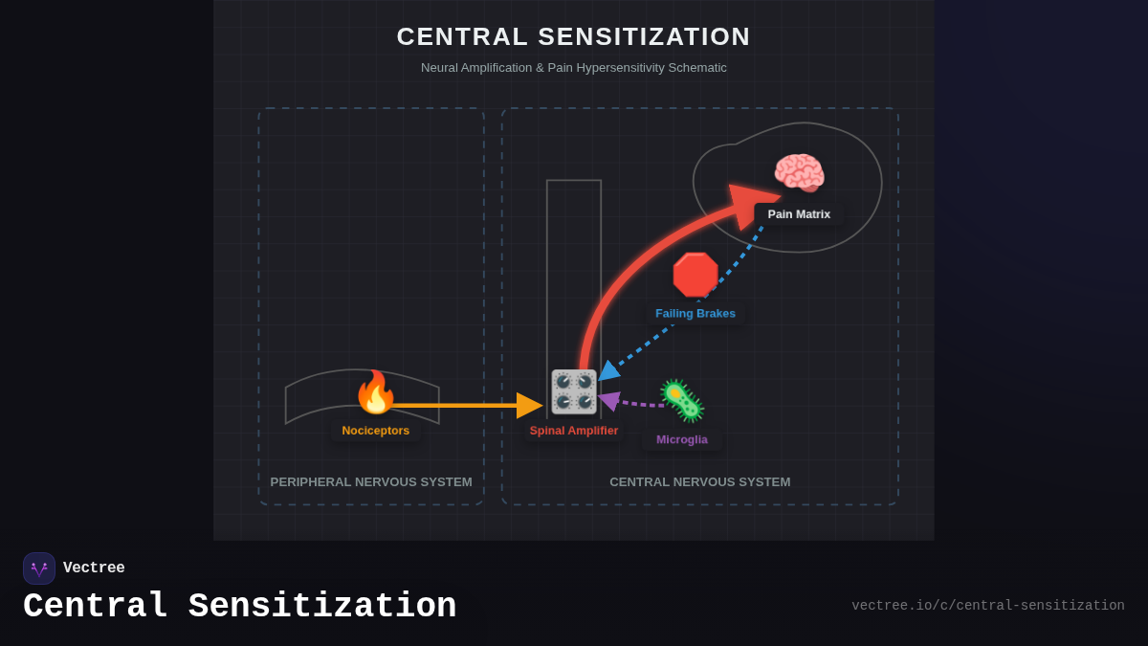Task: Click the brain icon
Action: tap(799, 173)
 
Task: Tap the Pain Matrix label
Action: tap(799, 214)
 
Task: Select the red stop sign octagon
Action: tap(695, 275)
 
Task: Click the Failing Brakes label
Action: tap(695, 313)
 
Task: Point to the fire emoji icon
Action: tap(375, 392)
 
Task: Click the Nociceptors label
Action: tap(375, 431)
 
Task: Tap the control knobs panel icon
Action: tap(573, 391)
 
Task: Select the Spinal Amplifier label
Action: tap(574, 431)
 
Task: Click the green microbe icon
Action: tap(682, 401)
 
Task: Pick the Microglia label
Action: tap(682, 439)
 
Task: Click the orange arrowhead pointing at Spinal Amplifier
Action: tap(529, 406)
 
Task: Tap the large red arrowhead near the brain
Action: tap(751, 204)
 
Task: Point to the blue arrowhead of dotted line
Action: tap(608, 371)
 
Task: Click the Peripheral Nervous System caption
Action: tap(371, 482)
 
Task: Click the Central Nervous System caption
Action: tap(700, 482)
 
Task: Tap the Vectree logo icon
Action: tap(39, 568)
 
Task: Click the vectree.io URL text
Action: tap(987, 606)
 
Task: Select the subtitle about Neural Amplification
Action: tap(574, 68)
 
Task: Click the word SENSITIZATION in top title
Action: tap(644, 36)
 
